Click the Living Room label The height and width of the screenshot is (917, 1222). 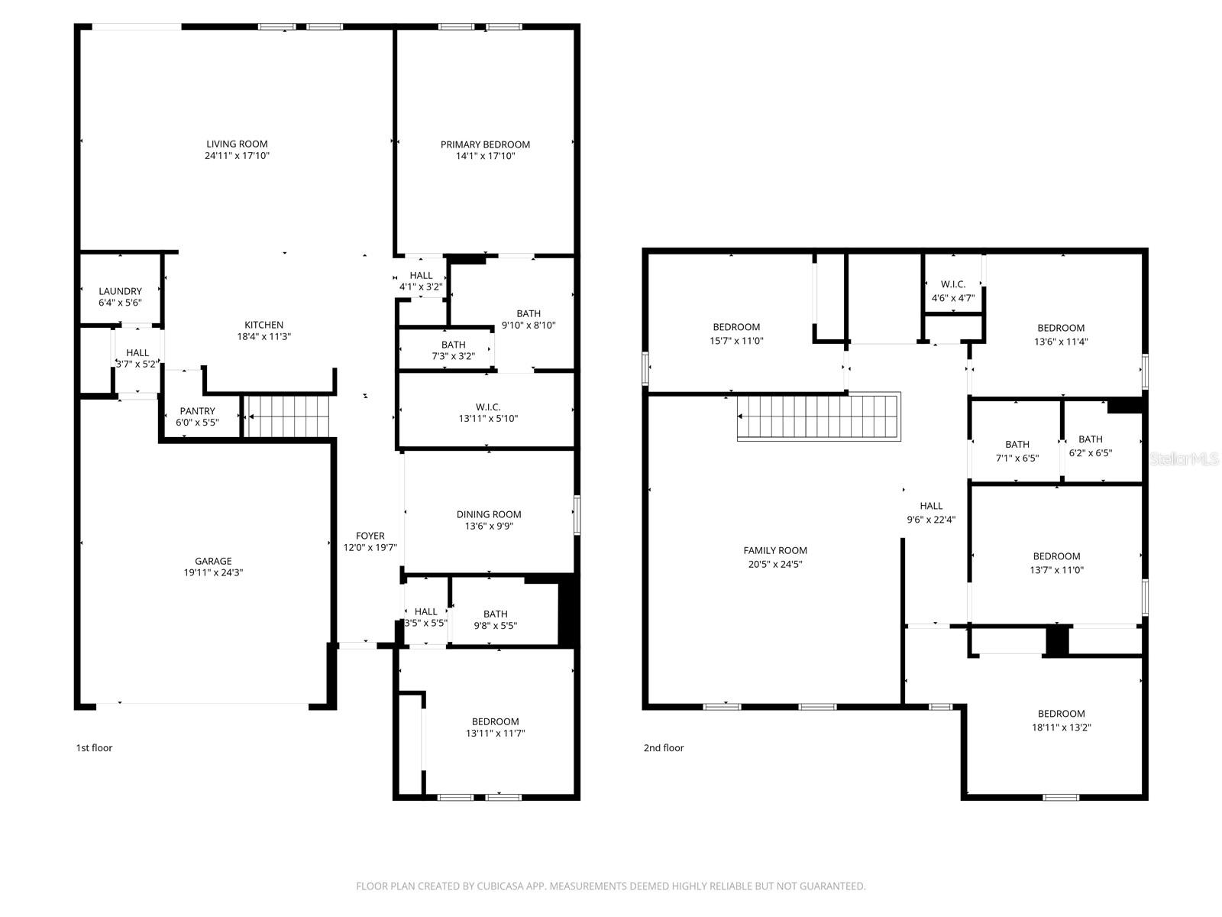click(x=237, y=144)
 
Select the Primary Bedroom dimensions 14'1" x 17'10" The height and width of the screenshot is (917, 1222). click(x=485, y=156)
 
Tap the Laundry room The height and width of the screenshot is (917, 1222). click(x=120, y=291)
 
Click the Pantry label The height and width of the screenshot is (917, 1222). click(x=197, y=411)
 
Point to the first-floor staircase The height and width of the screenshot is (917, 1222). click(x=289, y=416)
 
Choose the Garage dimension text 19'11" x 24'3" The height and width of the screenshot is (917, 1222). click(x=212, y=572)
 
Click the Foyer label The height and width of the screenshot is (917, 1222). click(x=370, y=536)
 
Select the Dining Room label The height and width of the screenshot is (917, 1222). click(x=489, y=514)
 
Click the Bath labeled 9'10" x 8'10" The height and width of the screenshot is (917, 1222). click(x=528, y=319)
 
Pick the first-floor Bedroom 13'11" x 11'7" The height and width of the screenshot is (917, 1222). click(x=495, y=727)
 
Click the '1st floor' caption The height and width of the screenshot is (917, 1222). click(x=94, y=747)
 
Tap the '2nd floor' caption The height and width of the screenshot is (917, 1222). click(x=663, y=747)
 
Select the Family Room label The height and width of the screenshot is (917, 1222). click(x=775, y=550)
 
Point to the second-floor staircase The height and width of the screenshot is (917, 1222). click(x=818, y=417)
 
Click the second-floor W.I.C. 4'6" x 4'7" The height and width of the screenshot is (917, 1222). click(x=952, y=290)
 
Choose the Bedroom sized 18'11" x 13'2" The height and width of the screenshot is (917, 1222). click(x=1061, y=720)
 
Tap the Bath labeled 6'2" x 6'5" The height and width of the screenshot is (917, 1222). click(x=1090, y=446)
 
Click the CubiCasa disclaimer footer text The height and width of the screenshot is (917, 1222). click(x=610, y=886)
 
